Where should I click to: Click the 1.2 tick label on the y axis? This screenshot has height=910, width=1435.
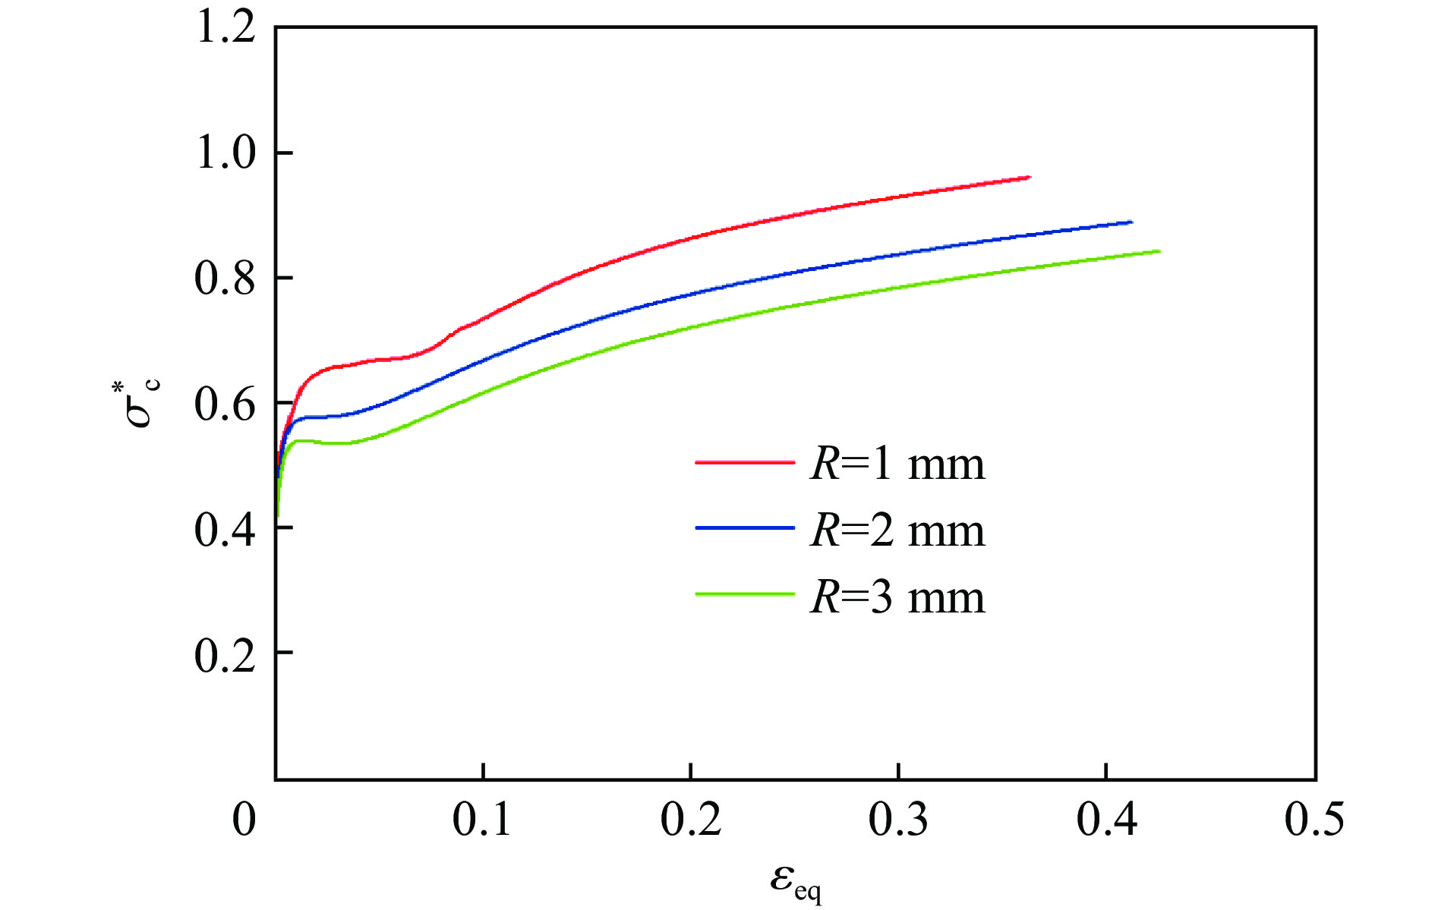[x=225, y=29]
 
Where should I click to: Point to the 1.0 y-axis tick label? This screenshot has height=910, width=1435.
[x=225, y=153]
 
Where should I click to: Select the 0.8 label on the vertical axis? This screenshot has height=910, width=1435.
[x=225, y=279]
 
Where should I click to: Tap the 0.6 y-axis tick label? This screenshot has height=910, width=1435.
[x=225, y=404]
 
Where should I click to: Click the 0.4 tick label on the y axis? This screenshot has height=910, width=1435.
[x=225, y=529]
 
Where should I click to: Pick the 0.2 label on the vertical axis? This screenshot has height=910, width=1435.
[x=225, y=654]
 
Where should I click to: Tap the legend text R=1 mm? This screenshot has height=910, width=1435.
[x=897, y=463]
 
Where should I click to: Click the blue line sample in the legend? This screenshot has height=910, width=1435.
[x=744, y=527]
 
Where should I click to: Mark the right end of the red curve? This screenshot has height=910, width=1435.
[x=1030, y=177]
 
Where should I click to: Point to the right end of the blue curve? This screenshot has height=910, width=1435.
[x=1131, y=222]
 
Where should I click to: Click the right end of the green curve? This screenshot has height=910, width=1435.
[x=1159, y=251]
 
